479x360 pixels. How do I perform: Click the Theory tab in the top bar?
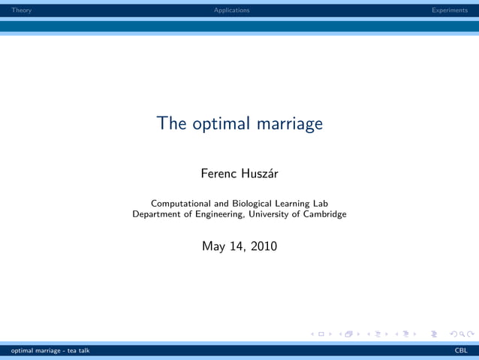tap(16, 10)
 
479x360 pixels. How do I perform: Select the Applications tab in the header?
tap(231, 10)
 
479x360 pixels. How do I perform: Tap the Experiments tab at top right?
tap(449, 10)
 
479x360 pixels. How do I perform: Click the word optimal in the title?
tap(221, 124)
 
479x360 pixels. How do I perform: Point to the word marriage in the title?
tap(290, 124)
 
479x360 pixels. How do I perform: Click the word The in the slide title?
tap(172, 123)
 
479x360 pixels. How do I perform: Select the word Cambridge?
tap(324, 214)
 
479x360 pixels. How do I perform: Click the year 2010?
tap(264, 245)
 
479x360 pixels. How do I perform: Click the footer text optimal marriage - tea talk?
tap(45, 350)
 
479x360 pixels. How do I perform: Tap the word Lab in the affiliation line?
tap(319, 203)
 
